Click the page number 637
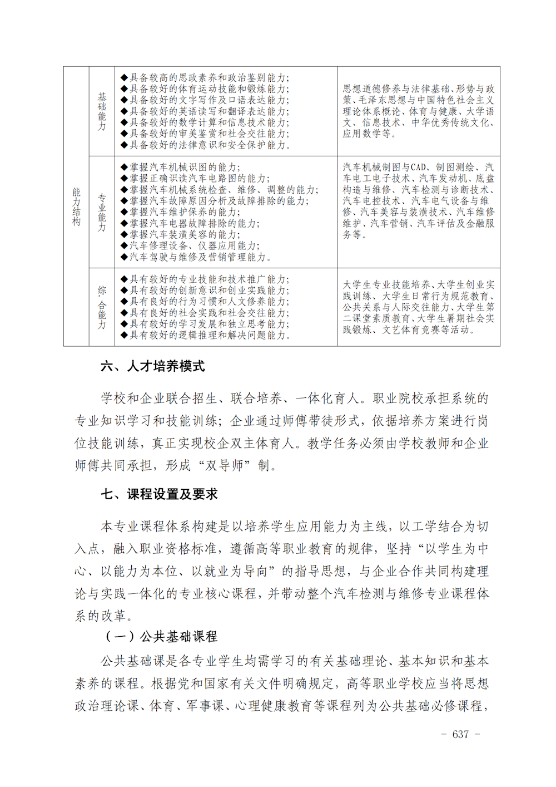point(460,734)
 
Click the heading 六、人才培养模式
point(153,366)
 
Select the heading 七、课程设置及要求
point(159,494)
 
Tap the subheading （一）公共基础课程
point(161,636)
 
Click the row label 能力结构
point(76,206)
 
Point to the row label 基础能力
point(102,111)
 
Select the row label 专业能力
point(102,212)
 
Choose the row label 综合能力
point(102,307)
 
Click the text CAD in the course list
point(419,167)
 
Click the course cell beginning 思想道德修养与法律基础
point(419,111)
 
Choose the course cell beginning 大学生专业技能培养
point(419,307)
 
